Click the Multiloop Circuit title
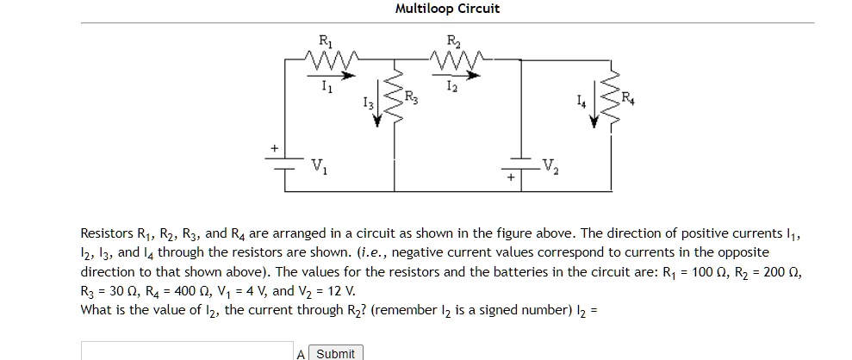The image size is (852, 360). click(x=446, y=9)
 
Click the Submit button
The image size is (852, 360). click(x=335, y=353)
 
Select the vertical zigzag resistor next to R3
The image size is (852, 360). click(x=395, y=96)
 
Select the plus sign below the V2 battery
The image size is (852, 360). click(x=510, y=178)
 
